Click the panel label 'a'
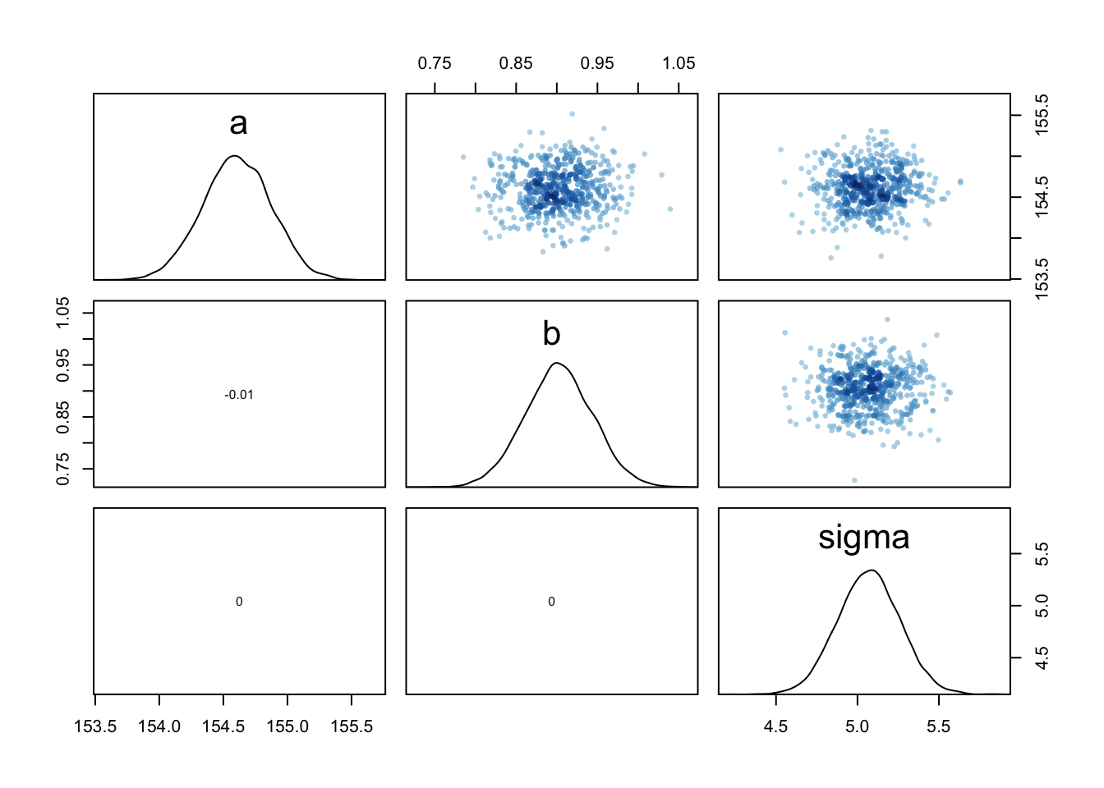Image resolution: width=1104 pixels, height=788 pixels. click(238, 124)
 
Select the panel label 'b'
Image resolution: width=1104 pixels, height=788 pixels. click(551, 333)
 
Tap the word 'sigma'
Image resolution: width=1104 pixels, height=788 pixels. click(863, 538)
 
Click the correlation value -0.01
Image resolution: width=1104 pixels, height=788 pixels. click(239, 395)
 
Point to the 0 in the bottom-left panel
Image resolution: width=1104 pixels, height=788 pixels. click(239, 602)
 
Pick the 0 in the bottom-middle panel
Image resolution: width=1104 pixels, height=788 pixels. click(551, 602)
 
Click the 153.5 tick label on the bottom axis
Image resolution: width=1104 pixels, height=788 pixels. click(95, 726)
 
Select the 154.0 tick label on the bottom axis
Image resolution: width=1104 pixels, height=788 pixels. click(159, 726)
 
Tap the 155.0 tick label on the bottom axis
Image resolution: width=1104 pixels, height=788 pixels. click(287, 726)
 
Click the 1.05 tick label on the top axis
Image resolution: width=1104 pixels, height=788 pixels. click(678, 63)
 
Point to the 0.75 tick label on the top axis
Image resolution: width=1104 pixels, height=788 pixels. click(435, 63)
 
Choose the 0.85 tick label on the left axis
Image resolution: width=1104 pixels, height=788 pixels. click(63, 417)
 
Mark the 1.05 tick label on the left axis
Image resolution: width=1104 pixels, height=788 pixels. click(63, 313)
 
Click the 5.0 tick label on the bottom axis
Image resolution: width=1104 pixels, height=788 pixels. click(857, 726)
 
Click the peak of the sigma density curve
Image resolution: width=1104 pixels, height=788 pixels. click(872, 570)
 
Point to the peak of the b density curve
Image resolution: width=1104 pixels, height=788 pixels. click(557, 363)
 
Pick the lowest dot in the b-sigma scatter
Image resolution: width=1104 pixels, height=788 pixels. click(854, 480)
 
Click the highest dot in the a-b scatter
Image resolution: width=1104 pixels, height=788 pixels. click(572, 114)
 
